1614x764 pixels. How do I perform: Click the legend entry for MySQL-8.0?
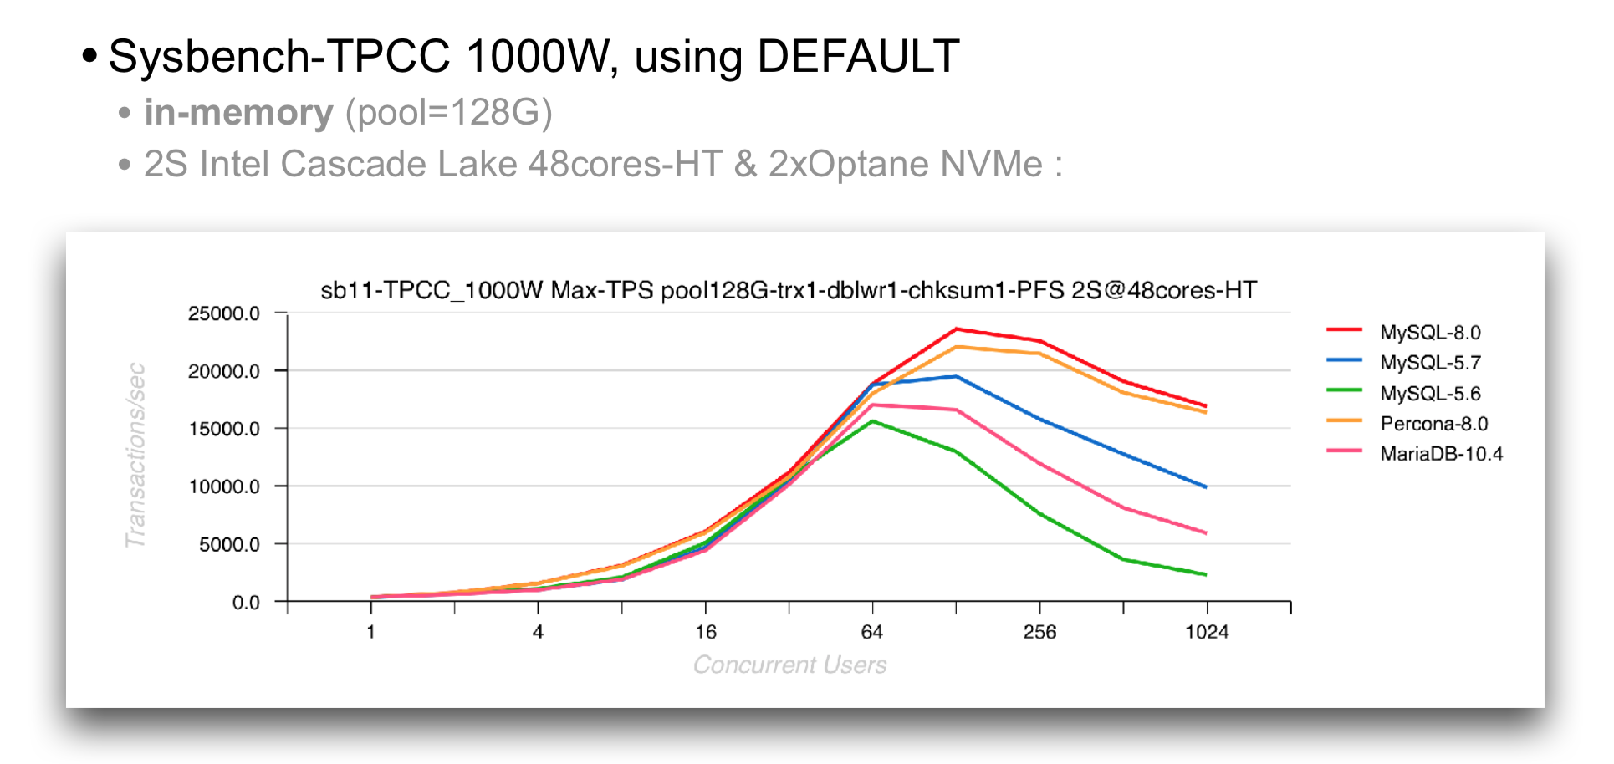click(1429, 333)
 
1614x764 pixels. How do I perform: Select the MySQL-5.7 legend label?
click(1429, 363)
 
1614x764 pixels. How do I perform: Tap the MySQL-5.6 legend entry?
click(1429, 394)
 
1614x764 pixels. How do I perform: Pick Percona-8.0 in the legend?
click(1433, 424)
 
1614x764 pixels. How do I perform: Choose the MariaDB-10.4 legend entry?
click(1440, 454)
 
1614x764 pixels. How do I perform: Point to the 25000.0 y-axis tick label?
click(224, 313)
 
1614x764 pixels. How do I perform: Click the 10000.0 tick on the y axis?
click(224, 486)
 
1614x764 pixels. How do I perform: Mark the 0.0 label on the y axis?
click(246, 603)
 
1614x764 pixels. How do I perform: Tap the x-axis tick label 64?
click(872, 632)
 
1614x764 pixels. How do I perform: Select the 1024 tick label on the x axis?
click(1207, 632)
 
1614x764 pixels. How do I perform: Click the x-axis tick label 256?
click(1039, 632)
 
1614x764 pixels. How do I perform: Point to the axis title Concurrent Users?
click(789, 665)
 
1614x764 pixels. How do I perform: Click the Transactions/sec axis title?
click(135, 456)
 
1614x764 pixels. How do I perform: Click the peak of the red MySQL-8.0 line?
click(956, 329)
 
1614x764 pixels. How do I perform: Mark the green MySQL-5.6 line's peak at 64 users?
click(872, 421)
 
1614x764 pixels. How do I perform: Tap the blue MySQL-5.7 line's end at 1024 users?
click(1205, 486)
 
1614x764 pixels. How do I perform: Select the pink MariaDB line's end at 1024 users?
click(1205, 532)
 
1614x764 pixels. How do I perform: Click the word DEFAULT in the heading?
click(857, 57)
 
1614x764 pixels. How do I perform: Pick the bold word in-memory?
click(238, 113)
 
